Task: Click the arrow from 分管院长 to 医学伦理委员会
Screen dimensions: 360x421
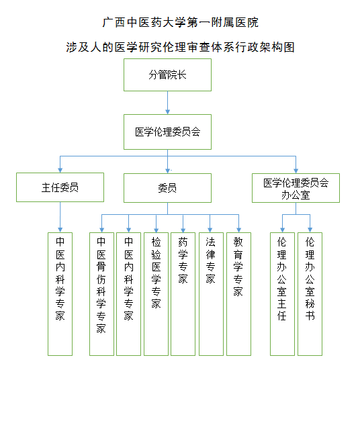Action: click(x=167, y=103)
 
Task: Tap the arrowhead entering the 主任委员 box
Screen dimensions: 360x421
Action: click(x=60, y=171)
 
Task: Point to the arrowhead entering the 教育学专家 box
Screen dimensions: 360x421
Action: click(x=238, y=230)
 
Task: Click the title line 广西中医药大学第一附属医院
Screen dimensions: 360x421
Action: click(x=180, y=22)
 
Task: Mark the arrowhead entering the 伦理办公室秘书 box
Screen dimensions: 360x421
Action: click(x=310, y=230)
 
